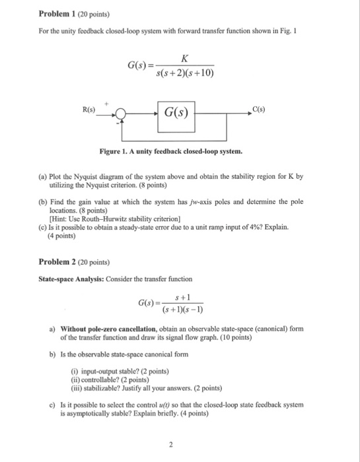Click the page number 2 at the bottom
[x=170, y=444]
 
